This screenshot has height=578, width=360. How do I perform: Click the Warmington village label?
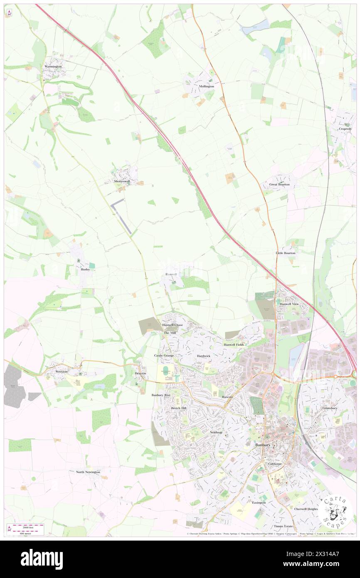tap(53, 67)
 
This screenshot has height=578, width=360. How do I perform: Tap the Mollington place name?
tap(206, 86)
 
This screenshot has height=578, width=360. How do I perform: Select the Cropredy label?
tap(345, 129)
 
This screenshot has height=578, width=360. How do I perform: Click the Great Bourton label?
tap(279, 184)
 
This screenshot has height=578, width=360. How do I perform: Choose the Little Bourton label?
tap(286, 253)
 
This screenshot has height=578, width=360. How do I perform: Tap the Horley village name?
tap(85, 269)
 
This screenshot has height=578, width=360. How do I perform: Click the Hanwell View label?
tap(289, 304)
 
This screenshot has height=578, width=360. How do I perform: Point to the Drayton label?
tap(141, 374)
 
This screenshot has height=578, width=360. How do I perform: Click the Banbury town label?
tap(263, 445)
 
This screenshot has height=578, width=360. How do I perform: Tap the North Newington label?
tap(88, 472)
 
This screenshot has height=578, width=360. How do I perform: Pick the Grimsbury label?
tap(330, 408)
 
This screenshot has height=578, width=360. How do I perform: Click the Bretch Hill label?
tap(179, 408)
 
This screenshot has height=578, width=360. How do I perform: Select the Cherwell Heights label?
tap(306, 509)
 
